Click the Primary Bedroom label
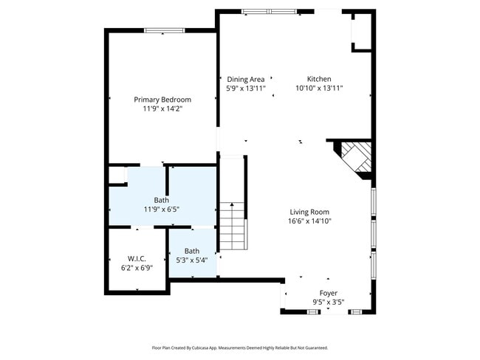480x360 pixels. coord(162,100)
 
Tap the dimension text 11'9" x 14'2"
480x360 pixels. coord(162,108)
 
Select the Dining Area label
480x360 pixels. coord(245,79)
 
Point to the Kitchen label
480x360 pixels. coord(319,79)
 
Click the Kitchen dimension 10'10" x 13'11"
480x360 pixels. coord(319,88)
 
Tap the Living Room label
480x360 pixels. coord(309,212)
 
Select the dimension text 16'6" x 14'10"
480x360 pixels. coord(309,221)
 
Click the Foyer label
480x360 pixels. coord(328,293)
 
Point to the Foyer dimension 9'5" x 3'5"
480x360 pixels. coord(328,301)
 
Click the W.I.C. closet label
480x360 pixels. coord(137,258)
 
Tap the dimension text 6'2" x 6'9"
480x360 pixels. coord(137,267)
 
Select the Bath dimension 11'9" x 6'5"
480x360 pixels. coord(161,209)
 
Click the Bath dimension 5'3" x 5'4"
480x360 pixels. coord(191,260)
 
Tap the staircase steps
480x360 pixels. coord(233,225)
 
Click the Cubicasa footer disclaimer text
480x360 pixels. coord(239,347)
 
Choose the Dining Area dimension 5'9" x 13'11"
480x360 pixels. coord(245,88)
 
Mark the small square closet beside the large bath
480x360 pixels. coord(117,175)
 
